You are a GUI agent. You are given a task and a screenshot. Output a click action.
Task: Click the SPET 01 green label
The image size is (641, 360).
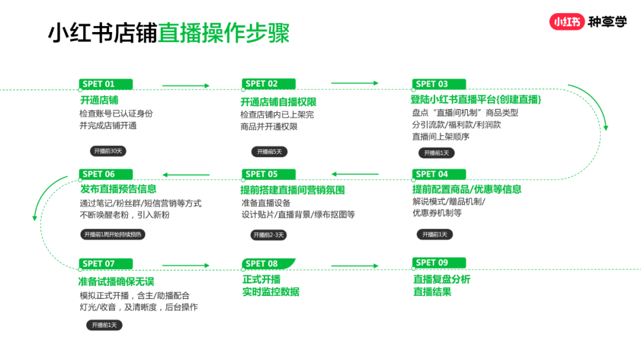pos(106,84)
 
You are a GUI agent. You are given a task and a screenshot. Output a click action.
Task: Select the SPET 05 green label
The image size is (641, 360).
pos(268,174)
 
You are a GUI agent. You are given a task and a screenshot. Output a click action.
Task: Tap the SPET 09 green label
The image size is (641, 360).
pos(439,263)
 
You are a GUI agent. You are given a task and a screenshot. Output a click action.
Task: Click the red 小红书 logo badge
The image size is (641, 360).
pos(567,22)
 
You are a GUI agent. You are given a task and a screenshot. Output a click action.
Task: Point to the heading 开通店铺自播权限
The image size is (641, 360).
pos(278,102)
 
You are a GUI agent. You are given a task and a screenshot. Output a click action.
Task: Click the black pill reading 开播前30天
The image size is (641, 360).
pos(108,151)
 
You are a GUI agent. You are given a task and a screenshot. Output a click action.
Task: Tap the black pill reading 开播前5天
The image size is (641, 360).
pos(269,152)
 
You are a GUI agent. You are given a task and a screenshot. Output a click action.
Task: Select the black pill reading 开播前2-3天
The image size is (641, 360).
pos(269,235)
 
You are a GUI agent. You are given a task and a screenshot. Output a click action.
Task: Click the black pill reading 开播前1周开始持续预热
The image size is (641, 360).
pos(113,234)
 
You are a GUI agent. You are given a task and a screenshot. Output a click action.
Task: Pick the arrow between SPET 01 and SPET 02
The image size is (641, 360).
pos(186,86)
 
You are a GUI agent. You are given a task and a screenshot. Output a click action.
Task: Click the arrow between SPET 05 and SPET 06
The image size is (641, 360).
pos(186,175)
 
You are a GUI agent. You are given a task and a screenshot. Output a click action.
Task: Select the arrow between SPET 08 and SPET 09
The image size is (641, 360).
pos(355,266)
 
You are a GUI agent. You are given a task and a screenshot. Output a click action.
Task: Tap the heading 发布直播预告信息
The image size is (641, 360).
pos(118,189)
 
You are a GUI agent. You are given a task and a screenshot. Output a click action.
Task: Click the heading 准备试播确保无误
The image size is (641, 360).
pos(116,282)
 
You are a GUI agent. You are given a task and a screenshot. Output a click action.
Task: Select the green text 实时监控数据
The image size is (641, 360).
pos(271,292)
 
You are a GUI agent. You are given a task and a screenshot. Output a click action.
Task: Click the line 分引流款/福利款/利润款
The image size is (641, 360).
pos(456,125)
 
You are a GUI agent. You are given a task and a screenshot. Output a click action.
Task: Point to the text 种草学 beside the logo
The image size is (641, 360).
pos(607,22)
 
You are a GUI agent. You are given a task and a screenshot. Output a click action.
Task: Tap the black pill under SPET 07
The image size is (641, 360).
pos(104,325)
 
